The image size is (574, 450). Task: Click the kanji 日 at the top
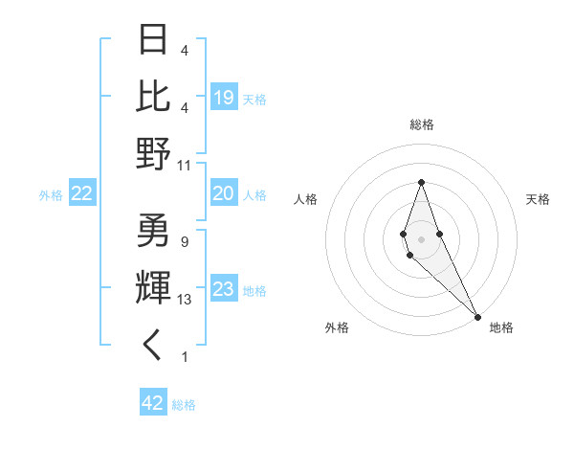point(154,39)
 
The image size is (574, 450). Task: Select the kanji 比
point(154,96)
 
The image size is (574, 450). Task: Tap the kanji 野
point(154,153)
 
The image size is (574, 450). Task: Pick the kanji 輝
point(154,288)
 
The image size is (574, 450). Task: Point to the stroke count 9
point(185,242)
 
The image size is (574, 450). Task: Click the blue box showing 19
point(224,98)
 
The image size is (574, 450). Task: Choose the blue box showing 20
point(224,194)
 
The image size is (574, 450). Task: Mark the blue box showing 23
point(224,290)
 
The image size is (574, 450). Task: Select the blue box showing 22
point(82,194)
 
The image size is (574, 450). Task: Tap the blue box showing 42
point(153,403)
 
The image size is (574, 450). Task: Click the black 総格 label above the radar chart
point(422,124)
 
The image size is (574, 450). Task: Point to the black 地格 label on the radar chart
point(501,327)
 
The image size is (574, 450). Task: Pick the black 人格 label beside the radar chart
point(306,199)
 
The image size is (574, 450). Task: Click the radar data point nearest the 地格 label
point(477,316)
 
